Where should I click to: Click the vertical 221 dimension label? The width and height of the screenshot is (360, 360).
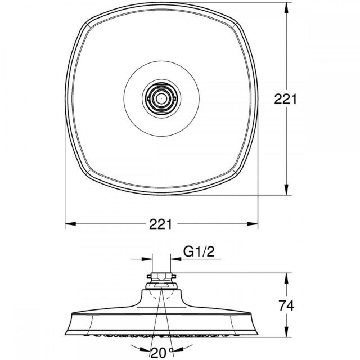tap(285, 99)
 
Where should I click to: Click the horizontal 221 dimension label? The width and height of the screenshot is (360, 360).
tap(160, 224)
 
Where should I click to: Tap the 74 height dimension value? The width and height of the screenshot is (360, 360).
tap(286, 305)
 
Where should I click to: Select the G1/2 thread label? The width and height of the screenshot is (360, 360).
tap(199, 251)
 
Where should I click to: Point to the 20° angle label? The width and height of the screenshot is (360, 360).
tap(161, 353)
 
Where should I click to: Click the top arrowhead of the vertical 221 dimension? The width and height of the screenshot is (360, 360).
tap(286, 8)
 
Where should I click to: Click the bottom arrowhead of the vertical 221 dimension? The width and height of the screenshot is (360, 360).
tap(286, 189)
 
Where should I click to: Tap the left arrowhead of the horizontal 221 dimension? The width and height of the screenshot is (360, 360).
tap(71, 224)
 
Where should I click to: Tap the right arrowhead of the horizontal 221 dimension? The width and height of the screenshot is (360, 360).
tap(253, 224)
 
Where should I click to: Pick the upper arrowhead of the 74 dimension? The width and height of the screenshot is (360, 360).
tap(286, 279)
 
